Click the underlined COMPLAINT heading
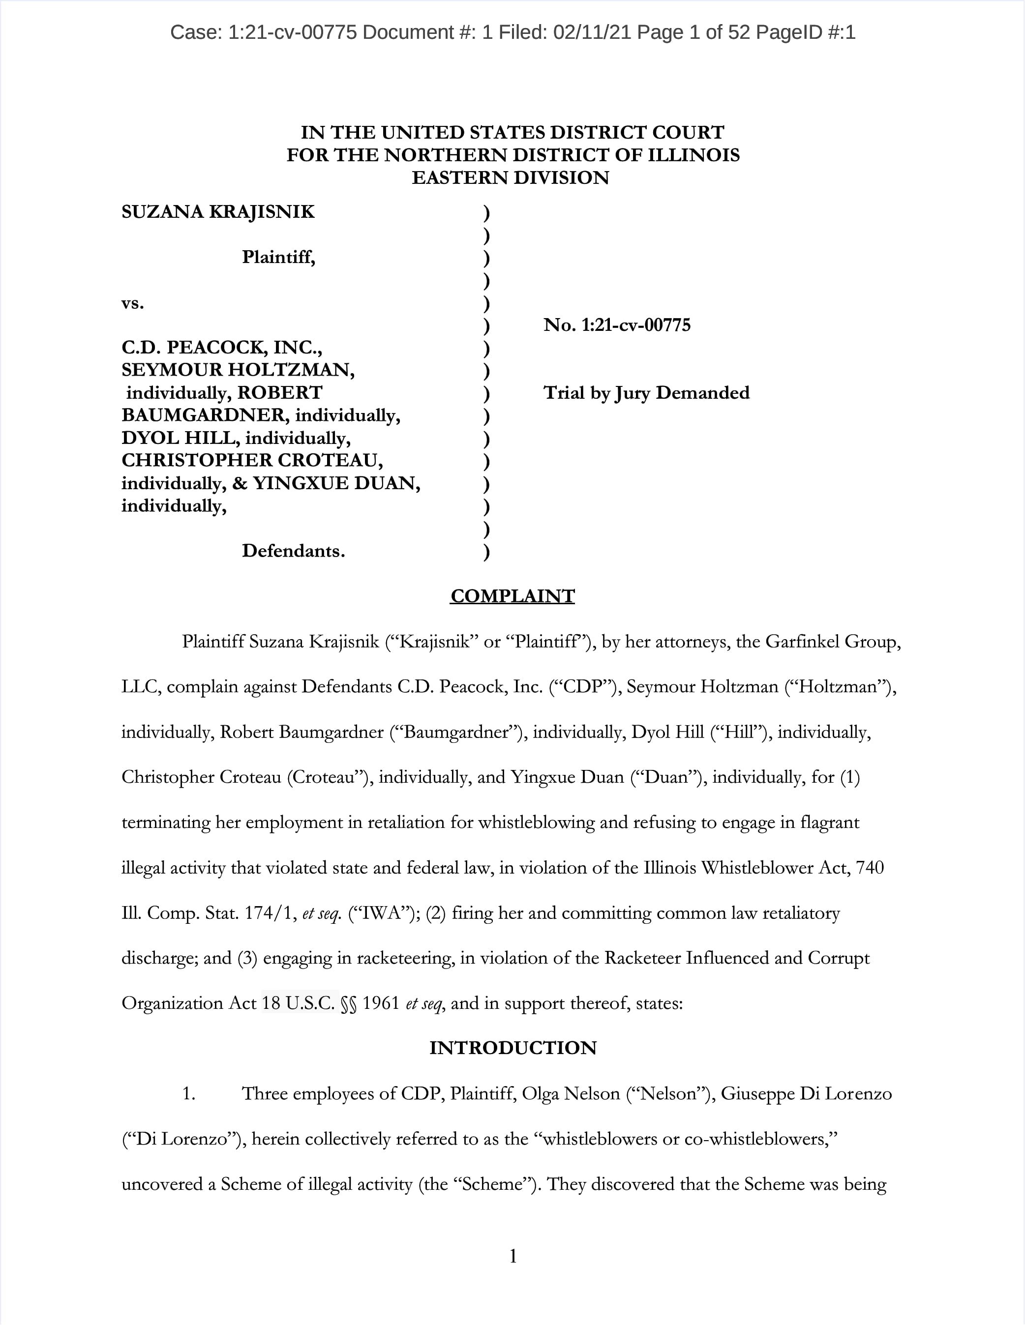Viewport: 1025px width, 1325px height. [512, 596]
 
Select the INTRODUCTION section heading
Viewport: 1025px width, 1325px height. [513, 1048]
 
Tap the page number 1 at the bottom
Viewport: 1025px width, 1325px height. [513, 1256]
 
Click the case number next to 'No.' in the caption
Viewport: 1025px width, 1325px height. [635, 325]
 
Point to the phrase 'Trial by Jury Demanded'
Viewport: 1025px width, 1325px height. [646, 393]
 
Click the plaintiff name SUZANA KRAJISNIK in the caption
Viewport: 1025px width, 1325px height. [218, 212]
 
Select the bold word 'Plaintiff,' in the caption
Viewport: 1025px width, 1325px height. [278, 257]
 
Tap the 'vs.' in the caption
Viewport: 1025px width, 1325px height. [132, 303]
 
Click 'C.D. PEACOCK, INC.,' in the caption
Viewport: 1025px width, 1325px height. [221, 348]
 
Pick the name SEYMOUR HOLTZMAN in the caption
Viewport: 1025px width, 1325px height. [238, 370]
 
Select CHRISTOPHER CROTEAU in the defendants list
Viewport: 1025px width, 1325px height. [252, 461]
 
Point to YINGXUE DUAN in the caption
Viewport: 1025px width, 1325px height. [336, 483]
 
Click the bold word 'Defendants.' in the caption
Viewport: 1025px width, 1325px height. [293, 551]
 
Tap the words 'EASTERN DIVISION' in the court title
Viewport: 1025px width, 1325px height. [511, 178]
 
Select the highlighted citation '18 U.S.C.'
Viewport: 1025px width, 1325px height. [299, 1003]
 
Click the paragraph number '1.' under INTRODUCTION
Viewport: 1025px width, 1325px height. [189, 1093]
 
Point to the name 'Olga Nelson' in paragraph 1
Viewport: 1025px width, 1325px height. [571, 1093]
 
